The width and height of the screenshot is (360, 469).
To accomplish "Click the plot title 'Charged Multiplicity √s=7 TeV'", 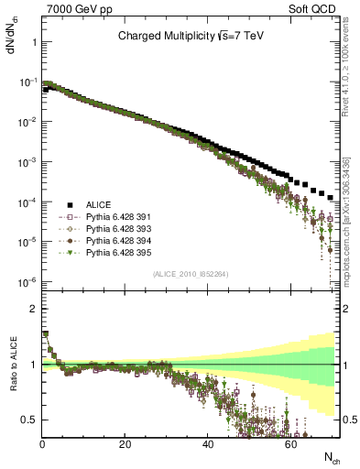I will (x=191, y=38).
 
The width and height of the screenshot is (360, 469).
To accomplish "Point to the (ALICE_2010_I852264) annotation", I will (x=191, y=273).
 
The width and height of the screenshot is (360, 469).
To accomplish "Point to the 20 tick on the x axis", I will (x=125, y=443).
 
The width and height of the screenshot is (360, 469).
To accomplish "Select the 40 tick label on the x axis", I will (x=208, y=443).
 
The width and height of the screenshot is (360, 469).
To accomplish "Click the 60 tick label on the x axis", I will (x=290, y=443).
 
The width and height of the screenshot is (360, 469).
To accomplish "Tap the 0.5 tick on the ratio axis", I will (x=31, y=420).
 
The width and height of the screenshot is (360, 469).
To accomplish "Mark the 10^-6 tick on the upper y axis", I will (x=27, y=281).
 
